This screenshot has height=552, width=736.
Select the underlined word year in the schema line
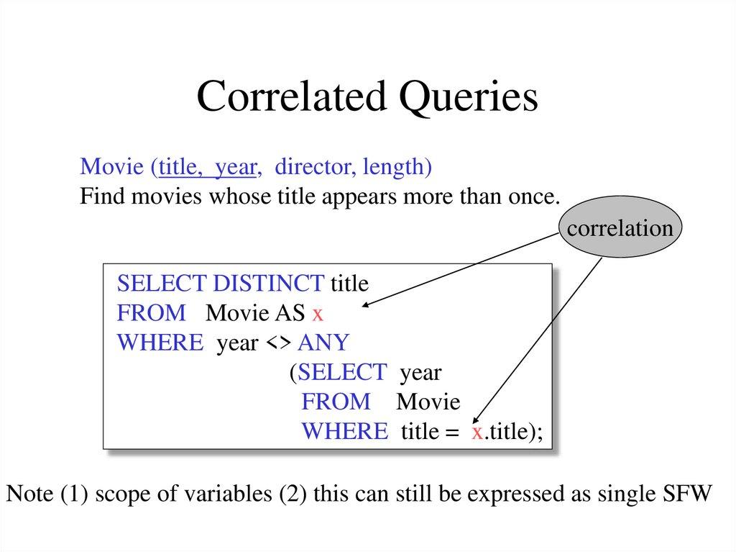coord(236,168)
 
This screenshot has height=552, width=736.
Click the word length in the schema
coord(396,168)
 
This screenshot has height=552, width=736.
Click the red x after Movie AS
coord(317,314)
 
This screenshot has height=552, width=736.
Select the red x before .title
coord(476,432)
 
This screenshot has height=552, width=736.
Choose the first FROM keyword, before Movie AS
coord(151,313)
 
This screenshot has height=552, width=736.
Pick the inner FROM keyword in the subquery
coord(336,402)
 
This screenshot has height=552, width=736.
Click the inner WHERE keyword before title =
coord(344,432)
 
